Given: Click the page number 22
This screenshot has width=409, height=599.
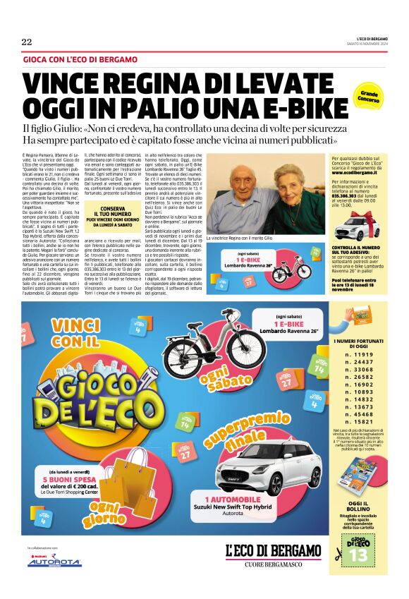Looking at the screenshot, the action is click(x=27, y=42).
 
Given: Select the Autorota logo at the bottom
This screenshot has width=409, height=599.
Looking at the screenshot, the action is click(x=54, y=562).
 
